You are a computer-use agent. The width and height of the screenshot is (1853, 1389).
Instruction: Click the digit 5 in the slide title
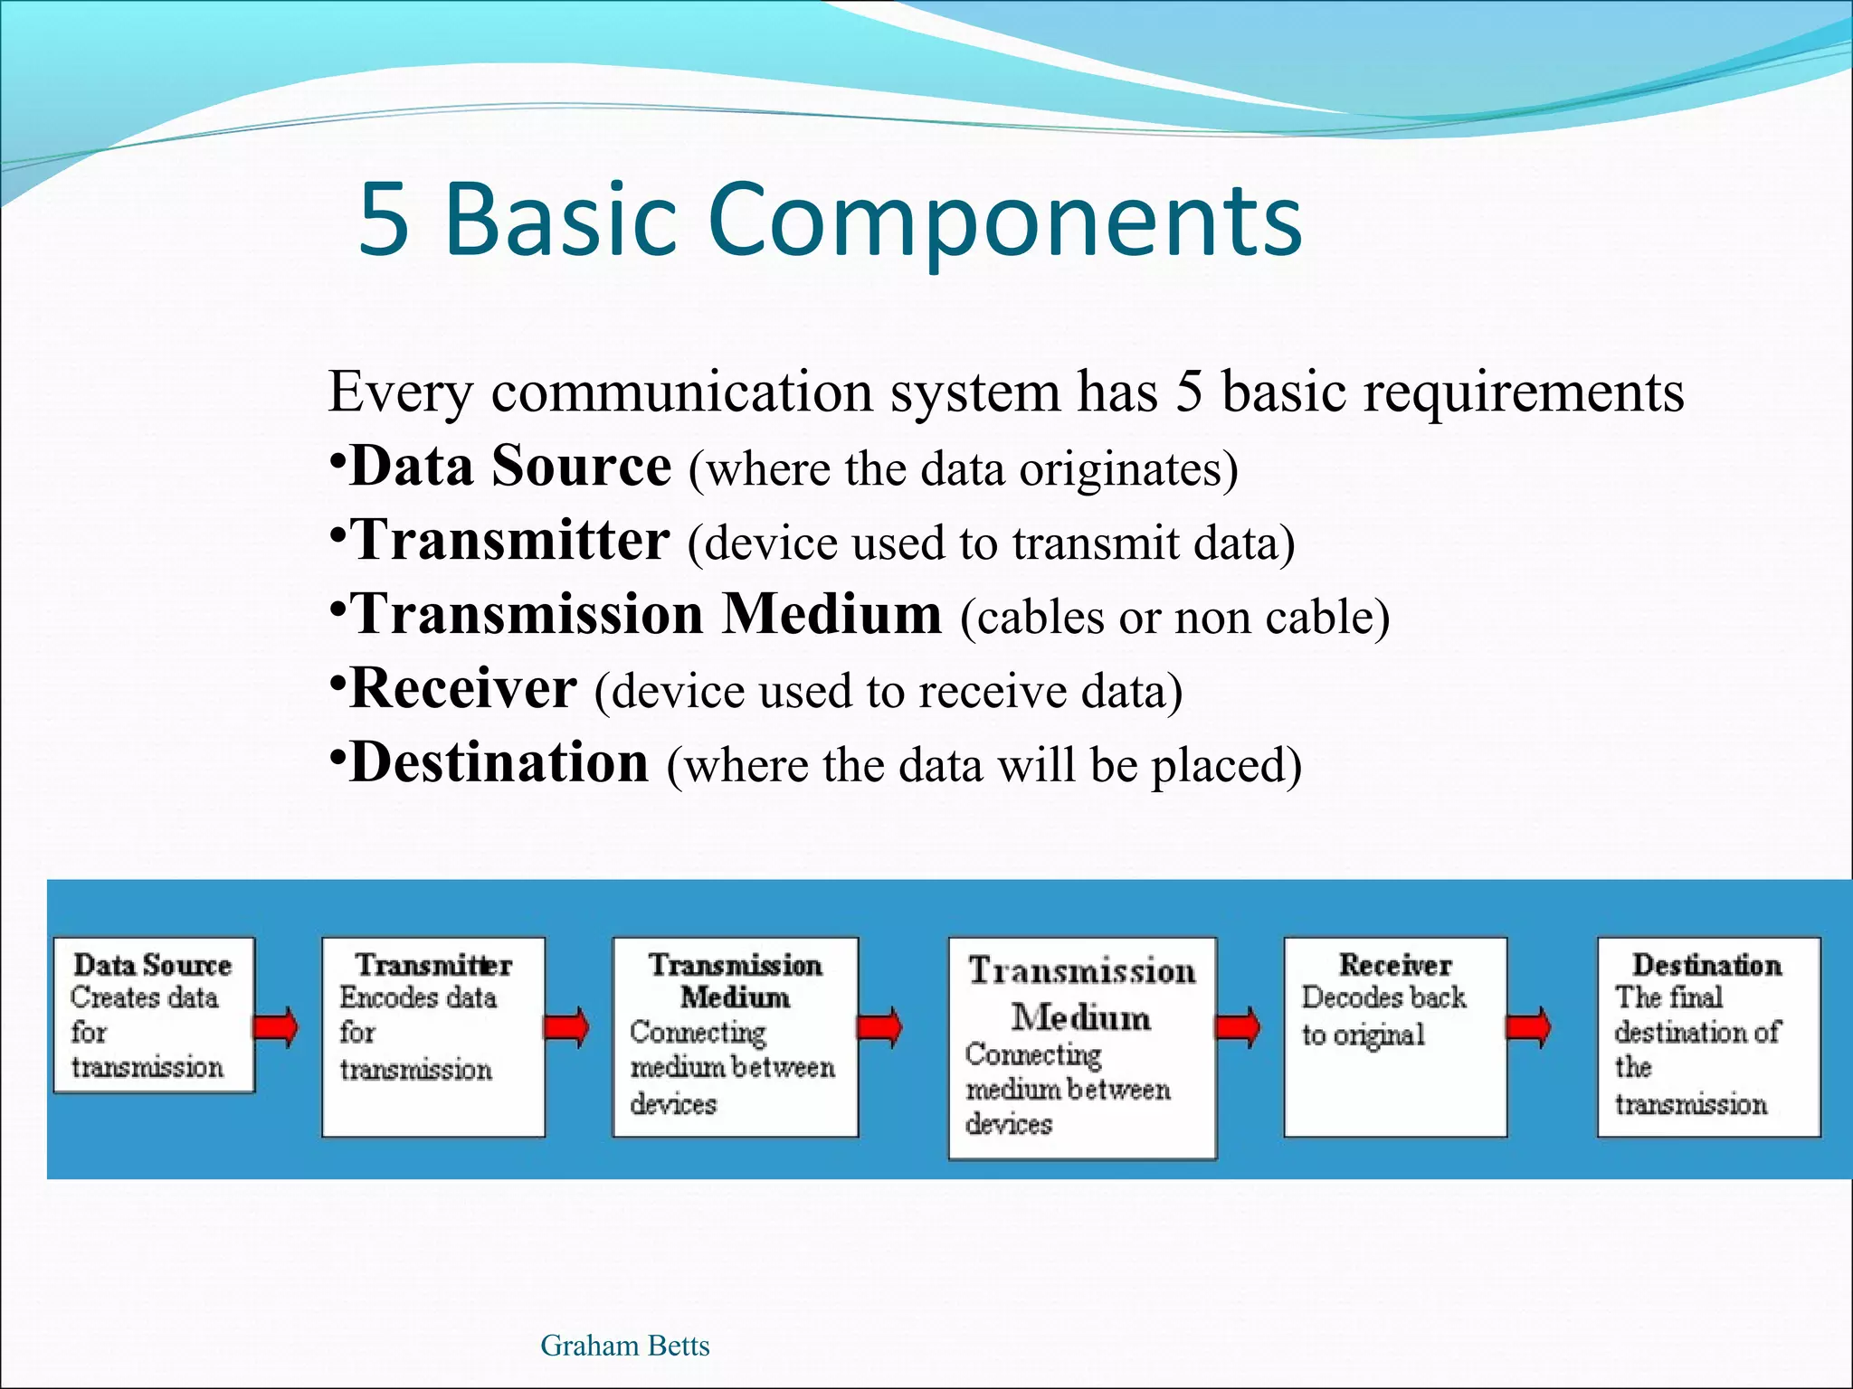[x=384, y=219]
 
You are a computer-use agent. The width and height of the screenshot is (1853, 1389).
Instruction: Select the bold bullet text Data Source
[x=510, y=467]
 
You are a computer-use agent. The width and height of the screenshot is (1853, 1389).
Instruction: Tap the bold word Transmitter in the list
[x=510, y=541]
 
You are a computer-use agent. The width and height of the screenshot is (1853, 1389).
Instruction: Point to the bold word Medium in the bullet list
[x=831, y=615]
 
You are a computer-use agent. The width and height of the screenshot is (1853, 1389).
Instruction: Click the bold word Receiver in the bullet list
[x=462, y=689]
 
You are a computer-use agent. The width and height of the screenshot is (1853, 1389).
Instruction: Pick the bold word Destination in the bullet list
[x=499, y=763]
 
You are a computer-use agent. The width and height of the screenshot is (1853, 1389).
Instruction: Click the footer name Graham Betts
[x=624, y=1346]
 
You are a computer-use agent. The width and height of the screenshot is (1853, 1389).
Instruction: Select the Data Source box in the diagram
[x=153, y=1015]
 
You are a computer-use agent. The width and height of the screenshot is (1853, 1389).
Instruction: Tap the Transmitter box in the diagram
[x=433, y=1036]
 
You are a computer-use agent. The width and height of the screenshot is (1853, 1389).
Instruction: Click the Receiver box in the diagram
[x=1394, y=1036]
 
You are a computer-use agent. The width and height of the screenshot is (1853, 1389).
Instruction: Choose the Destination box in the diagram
[x=1707, y=1036]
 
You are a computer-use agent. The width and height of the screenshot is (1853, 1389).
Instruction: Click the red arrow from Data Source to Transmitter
[x=275, y=1027]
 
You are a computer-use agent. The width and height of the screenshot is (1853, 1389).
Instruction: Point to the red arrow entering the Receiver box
[x=1237, y=1027]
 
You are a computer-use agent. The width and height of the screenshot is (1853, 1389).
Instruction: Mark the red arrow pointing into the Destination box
[x=1527, y=1027]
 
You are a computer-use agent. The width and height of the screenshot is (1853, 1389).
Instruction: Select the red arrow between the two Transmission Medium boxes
[x=879, y=1027]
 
